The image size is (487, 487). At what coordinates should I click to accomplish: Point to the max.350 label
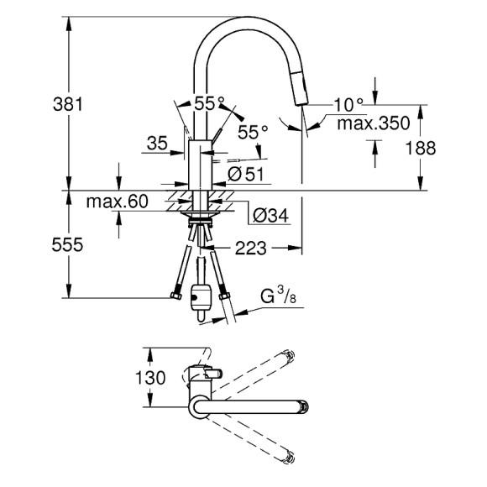coord(374,123)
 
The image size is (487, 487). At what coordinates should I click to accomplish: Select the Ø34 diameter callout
coord(269,216)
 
